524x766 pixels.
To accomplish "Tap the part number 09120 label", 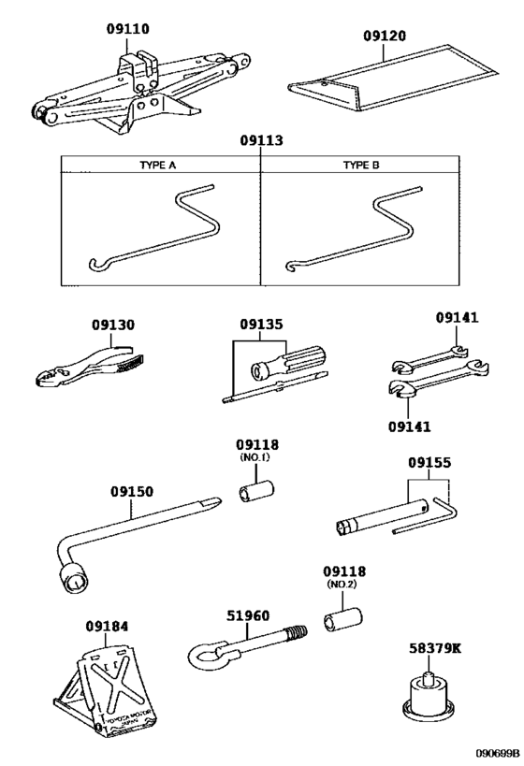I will point(386,36).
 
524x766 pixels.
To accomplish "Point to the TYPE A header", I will point(158,165).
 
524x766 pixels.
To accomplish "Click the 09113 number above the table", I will point(261,141).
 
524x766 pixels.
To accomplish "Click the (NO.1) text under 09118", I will point(256,457).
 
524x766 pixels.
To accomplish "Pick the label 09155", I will point(429,463).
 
